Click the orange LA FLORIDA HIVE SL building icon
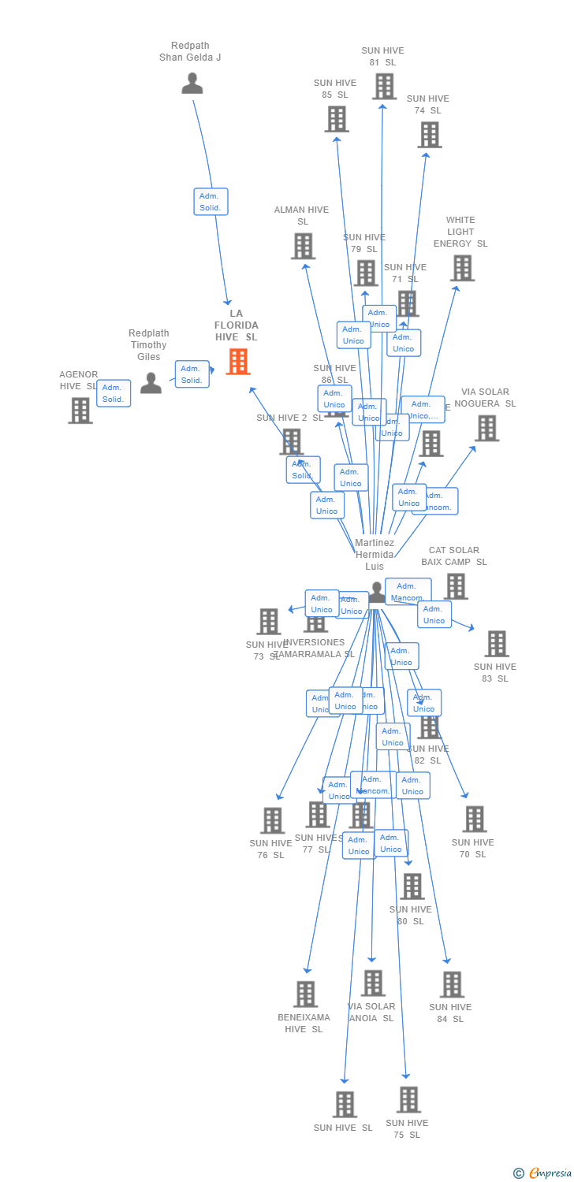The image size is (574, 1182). tap(238, 362)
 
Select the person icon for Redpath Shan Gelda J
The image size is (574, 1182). tap(192, 83)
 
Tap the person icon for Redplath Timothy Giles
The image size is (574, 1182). tap(151, 383)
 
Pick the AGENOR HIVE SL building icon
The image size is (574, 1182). tap(80, 411)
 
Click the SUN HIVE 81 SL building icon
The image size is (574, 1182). tap(384, 86)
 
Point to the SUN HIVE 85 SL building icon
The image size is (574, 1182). tap(337, 119)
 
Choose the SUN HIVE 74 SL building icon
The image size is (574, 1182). tap(430, 135)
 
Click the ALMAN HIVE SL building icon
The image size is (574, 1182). tap(303, 246)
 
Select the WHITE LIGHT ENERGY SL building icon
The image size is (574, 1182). tap(462, 268)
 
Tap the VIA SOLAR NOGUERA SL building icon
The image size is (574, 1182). tap(486, 428)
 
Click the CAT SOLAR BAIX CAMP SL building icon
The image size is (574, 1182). tap(456, 586)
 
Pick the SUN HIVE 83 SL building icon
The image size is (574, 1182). tap(496, 644)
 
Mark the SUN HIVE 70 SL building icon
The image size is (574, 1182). tap(474, 820)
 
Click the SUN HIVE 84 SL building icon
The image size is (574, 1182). tap(452, 984)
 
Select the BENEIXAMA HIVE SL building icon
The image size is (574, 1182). tap(306, 994)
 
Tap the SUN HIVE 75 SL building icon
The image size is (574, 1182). tap(408, 1099)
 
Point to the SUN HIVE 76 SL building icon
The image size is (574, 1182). tap(272, 820)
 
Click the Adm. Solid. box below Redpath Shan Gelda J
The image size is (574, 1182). tap(211, 202)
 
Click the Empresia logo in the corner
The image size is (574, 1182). tap(543, 1173)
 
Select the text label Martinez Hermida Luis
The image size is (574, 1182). tap(375, 555)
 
